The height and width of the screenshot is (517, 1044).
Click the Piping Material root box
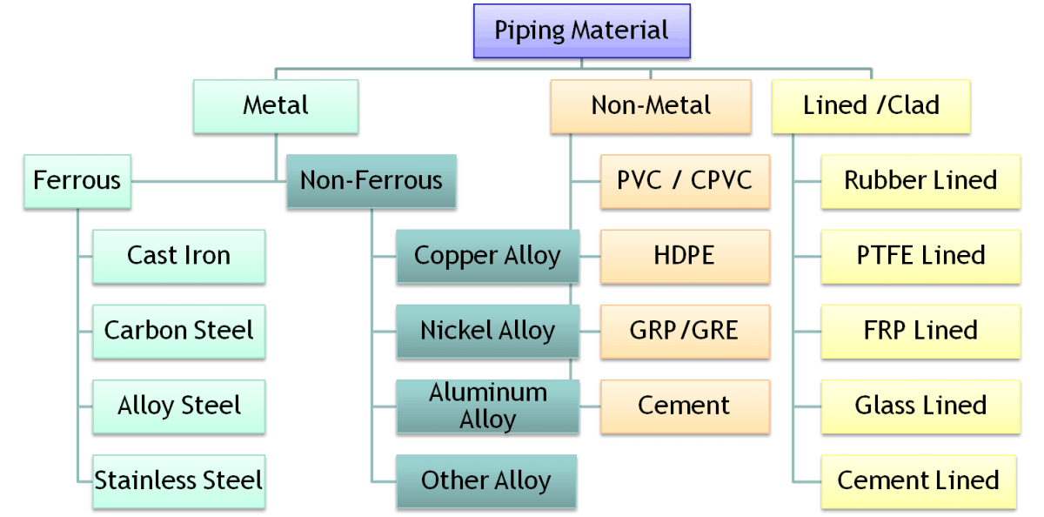click(581, 31)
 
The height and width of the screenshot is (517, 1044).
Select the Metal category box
click(276, 106)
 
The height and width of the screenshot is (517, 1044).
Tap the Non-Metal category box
click(651, 106)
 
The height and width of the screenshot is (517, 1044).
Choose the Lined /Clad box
click(871, 106)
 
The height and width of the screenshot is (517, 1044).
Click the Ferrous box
click(77, 181)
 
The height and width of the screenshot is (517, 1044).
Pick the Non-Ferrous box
click(371, 181)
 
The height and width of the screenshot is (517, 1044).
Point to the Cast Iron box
click(178, 256)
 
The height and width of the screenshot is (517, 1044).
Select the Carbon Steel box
click(178, 331)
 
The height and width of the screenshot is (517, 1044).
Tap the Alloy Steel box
click(178, 406)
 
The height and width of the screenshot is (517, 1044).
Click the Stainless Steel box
click(178, 480)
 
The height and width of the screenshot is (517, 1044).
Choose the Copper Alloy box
click(486, 256)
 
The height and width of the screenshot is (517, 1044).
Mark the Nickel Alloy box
click(486, 331)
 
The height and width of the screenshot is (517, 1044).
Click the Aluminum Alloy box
click(486, 406)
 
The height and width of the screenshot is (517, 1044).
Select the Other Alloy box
click(486, 480)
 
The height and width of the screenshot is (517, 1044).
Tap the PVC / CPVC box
click(685, 181)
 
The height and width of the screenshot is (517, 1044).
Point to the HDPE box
click(685, 256)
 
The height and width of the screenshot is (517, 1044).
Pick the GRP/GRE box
click(685, 331)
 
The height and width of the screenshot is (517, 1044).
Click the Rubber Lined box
click(920, 181)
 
